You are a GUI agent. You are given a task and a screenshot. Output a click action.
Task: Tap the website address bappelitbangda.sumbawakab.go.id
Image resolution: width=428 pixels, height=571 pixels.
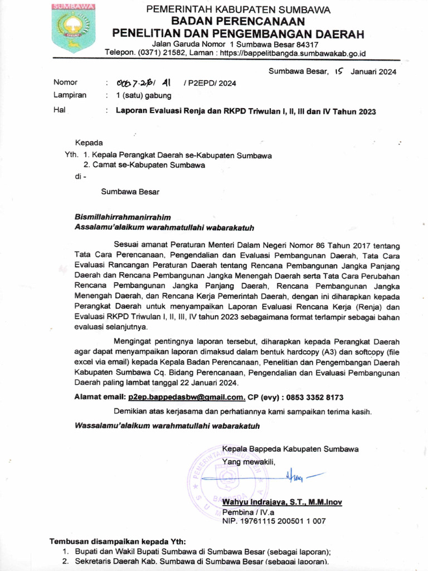point(293,53)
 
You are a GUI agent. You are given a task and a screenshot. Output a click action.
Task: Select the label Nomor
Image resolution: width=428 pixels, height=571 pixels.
point(65,83)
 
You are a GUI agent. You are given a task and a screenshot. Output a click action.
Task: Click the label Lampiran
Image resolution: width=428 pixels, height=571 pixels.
point(70,95)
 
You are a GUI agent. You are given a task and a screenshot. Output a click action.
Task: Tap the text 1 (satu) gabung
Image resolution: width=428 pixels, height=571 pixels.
point(143,95)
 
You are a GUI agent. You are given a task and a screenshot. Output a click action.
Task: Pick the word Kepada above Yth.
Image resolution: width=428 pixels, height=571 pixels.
point(89,143)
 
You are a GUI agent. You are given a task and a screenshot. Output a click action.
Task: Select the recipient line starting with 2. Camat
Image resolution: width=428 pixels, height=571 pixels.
point(144,165)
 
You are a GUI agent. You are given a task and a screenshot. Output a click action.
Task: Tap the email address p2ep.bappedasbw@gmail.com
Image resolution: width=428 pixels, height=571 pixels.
point(186,397)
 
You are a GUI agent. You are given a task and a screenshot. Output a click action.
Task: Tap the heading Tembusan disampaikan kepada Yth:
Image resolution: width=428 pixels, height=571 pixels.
point(118,541)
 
